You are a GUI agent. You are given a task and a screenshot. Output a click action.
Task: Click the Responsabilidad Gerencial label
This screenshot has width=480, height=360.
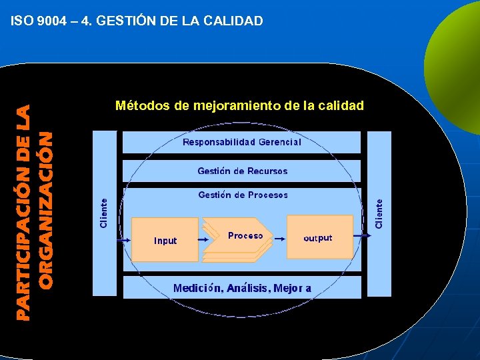242,142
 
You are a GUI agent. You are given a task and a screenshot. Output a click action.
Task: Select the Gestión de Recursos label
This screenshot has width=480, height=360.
243,171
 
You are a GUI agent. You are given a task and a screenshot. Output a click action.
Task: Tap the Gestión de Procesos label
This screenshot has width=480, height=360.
243,195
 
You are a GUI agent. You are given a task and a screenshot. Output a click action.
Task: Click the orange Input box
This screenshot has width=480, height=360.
165,239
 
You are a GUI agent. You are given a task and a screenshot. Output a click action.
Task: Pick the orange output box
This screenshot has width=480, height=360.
319,237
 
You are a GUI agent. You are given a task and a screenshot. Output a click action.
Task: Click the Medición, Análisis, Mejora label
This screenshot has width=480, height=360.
242,288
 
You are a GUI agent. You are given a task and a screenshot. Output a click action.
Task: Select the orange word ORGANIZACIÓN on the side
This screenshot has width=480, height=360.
45,209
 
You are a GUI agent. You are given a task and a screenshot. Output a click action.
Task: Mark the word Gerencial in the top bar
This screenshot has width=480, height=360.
279,142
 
